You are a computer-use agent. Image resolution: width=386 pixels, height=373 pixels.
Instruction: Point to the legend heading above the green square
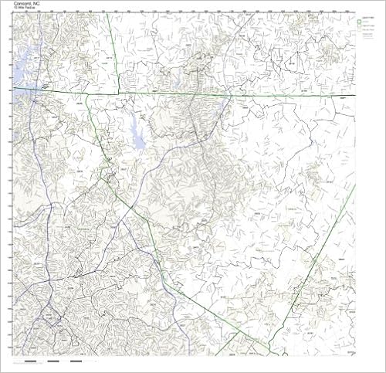[x=364, y=15]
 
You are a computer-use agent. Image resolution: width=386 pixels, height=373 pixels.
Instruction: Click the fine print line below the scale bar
[x=46, y=366]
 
